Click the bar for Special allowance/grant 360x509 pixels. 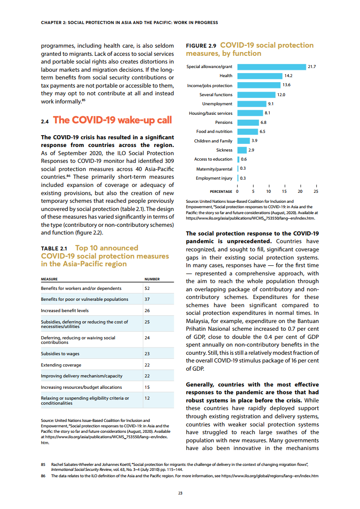point(271,67)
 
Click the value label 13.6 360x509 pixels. point(286,85)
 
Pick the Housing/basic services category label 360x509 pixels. point(211,113)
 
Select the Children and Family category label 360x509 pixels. point(213,141)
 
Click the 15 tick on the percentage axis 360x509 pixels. point(284,191)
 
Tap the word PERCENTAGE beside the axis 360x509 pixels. point(221,191)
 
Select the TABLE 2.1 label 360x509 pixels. point(54,249)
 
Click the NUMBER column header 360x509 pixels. point(152,279)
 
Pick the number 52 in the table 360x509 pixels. point(147,289)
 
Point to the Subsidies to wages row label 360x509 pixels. point(60,354)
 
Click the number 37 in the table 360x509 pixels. point(147,299)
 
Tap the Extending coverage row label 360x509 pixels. point(61,365)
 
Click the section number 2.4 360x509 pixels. point(44,121)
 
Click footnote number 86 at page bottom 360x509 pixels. point(44,476)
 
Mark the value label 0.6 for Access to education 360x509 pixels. point(244,159)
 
